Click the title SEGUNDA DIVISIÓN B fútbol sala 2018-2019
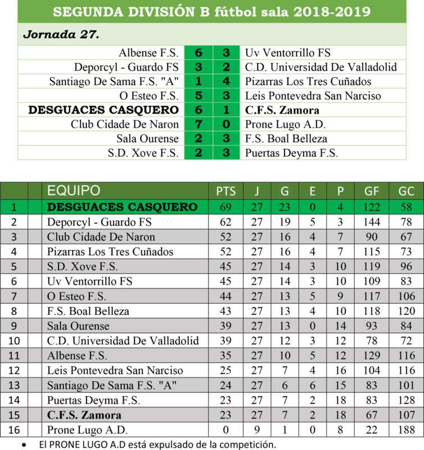tap(211, 12)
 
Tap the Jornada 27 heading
tap(61, 34)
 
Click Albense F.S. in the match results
tap(148, 53)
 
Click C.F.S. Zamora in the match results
tap(282, 110)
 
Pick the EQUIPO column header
tap(74, 191)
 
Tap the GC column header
tap(405, 191)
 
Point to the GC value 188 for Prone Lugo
tap(405, 430)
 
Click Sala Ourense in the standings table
tap(78, 326)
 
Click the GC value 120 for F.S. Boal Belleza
tap(405, 311)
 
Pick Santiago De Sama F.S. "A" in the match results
tap(114, 82)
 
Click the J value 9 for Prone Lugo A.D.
tap(256, 430)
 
